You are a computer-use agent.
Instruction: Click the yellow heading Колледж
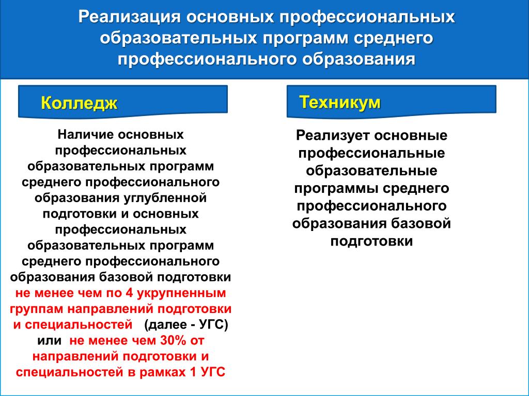(79, 103)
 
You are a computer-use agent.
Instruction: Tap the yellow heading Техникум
(340, 102)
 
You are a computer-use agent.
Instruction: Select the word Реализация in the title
(130, 17)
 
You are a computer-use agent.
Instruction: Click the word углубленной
(165, 197)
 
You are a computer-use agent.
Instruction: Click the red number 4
(129, 293)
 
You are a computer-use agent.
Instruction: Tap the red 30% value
(173, 340)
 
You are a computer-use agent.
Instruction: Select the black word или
(49, 341)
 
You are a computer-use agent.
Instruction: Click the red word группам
(37, 309)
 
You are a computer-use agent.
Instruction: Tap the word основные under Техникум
(411, 136)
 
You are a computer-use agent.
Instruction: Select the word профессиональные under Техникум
(371, 154)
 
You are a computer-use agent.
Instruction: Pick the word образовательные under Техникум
(371, 171)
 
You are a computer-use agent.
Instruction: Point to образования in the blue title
(359, 59)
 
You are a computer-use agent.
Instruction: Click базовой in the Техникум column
(421, 224)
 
